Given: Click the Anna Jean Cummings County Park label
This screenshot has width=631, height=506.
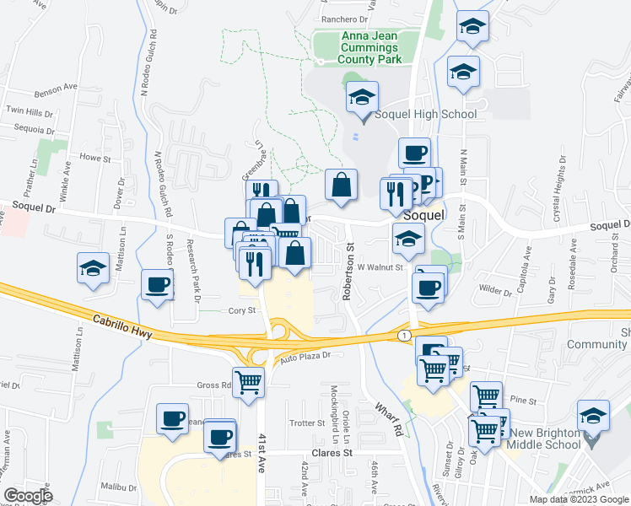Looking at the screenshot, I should pyautogui.click(x=369, y=47).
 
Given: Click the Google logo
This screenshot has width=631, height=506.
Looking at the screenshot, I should pyautogui.click(x=28, y=496).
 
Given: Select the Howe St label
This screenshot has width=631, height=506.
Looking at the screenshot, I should pyautogui.click(x=94, y=158).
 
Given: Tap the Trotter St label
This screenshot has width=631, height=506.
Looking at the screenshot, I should pyautogui.click(x=301, y=423).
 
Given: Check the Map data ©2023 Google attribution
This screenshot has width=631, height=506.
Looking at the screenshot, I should pyautogui.click(x=578, y=499).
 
